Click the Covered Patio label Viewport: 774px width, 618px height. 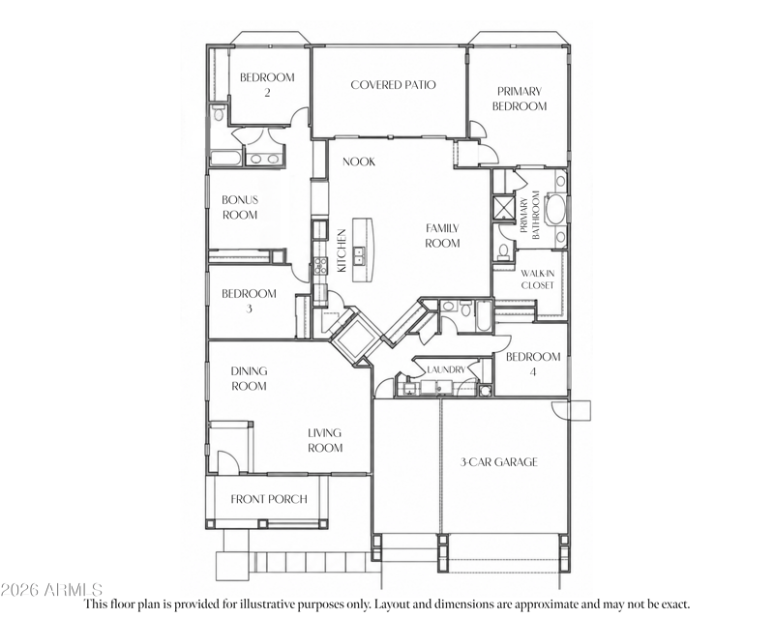[393, 85]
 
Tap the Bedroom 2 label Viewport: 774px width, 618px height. [267, 84]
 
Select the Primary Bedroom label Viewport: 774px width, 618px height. [520, 99]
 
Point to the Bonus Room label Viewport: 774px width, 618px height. [240, 207]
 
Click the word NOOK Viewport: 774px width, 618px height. [359, 162]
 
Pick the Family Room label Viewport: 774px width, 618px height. [442, 235]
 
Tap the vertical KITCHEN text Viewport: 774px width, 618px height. [342, 250]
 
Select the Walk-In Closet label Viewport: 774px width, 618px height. [538, 279]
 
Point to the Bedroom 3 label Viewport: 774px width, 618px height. [249, 301]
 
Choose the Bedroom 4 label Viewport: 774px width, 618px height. [533, 364]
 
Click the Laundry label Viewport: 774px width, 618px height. [446, 369]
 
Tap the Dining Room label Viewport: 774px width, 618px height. [249, 378]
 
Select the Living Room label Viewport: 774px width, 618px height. [325, 440]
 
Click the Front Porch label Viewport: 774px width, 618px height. [269, 499]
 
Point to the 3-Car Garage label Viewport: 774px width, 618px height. [498, 462]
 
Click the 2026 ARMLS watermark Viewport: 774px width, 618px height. [51, 589]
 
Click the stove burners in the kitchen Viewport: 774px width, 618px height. [320, 266]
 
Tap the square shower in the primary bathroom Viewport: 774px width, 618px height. [503, 206]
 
